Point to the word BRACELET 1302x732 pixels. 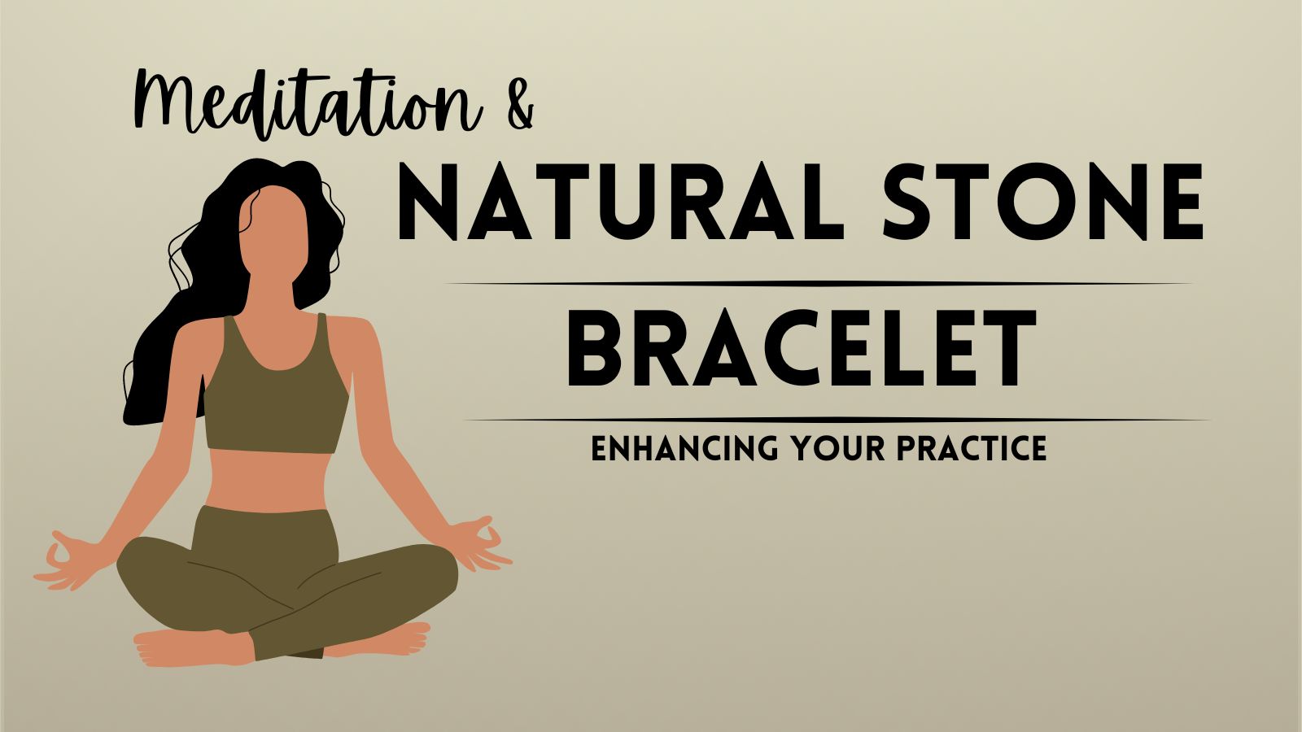click(802, 348)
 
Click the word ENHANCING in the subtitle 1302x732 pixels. click(684, 448)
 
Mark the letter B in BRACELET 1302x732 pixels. click(597, 348)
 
